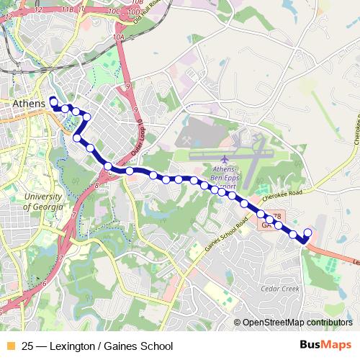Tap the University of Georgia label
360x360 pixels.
pyautogui.click(x=42, y=202)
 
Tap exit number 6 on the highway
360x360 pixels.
pyautogui.click(x=44, y=284)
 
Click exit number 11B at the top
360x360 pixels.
pyautogui.click(x=67, y=9)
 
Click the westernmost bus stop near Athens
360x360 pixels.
pyautogui.click(x=52, y=100)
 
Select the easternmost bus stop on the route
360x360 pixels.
pyautogui.click(x=308, y=232)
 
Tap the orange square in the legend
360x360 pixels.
pyautogui.click(x=10, y=346)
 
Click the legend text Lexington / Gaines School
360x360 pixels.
pyautogui.click(x=96, y=346)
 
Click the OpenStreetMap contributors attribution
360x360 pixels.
pyautogui.click(x=297, y=323)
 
